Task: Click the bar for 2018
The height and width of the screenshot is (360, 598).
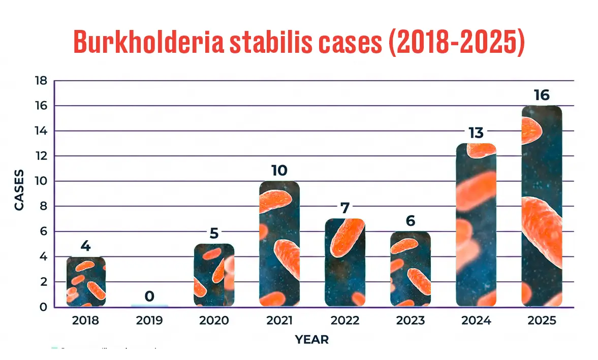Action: click(85, 281)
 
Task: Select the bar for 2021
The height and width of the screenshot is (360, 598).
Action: click(279, 244)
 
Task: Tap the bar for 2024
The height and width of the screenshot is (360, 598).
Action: click(476, 225)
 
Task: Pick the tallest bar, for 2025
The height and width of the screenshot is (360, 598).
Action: click(542, 206)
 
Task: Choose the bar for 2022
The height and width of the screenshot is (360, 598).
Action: click(344, 263)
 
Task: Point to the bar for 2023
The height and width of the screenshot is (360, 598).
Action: click(410, 269)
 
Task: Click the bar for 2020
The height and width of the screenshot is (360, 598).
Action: click(214, 275)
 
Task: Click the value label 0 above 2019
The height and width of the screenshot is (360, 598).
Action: click(149, 296)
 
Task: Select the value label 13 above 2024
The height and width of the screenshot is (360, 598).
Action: click(476, 133)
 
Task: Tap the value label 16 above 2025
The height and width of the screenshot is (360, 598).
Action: click(542, 95)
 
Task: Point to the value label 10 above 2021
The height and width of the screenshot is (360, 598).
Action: click(279, 171)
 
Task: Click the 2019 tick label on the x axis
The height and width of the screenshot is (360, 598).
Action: click(149, 321)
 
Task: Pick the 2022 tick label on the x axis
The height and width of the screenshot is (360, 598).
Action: click(344, 321)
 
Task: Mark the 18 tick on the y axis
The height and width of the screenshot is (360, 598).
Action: click(41, 81)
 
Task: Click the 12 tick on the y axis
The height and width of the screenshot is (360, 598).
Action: click(41, 156)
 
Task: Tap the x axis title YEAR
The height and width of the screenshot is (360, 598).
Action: click(311, 340)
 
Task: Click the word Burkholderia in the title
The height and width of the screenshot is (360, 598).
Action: click(148, 42)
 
